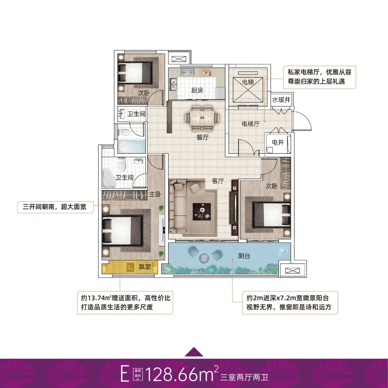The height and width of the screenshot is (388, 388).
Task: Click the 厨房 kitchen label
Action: click(197, 91)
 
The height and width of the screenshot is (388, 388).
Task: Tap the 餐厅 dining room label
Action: click(202, 137)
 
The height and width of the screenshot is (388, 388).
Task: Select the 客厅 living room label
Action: click(218, 181)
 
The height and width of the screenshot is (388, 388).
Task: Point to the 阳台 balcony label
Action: click(244, 256)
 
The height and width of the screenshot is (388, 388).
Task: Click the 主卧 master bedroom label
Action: click(155, 194)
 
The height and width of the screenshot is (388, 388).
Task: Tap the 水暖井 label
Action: click(281, 100)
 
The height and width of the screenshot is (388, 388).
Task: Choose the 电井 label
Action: click(278, 142)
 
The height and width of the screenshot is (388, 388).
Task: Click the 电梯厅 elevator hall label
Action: click(251, 124)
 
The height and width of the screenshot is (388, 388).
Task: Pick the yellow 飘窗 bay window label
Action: click(145, 267)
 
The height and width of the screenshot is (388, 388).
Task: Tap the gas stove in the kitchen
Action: click(187, 72)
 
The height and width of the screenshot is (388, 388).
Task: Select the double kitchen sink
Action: click(173, 84)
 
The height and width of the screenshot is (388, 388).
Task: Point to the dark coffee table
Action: click(202, 212)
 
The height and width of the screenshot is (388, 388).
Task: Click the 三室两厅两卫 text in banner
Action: click(244, 377)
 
